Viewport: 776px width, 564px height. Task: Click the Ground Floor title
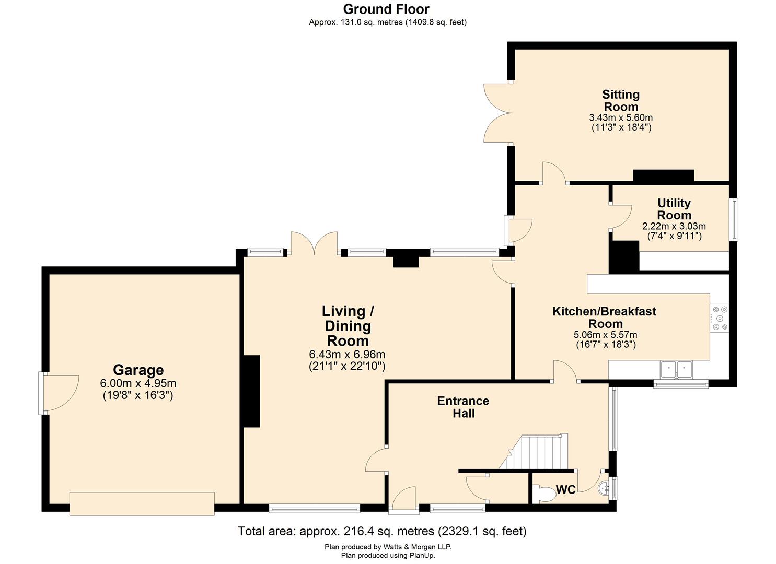point(386,9)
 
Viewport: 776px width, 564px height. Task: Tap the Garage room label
point(138,370)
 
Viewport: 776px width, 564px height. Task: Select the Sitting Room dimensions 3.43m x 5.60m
point(621,118)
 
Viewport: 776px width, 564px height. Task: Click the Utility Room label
point(674,209)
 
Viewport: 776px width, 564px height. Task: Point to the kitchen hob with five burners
point(720,318)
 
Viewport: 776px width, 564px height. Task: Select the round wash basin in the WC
point(604,488)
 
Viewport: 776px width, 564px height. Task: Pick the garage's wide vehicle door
point(142,504)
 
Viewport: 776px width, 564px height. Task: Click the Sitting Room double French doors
point(498,112)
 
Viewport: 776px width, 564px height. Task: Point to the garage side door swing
point(59,393)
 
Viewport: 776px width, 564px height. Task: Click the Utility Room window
point(734,219)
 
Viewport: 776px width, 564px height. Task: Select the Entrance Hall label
point(463,407)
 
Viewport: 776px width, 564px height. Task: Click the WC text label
point(566,489)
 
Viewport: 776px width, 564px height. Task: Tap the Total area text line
point(382,531)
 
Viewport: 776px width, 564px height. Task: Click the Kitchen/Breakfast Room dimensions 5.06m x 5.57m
point(605,335)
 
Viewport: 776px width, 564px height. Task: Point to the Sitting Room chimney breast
point(664,176)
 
